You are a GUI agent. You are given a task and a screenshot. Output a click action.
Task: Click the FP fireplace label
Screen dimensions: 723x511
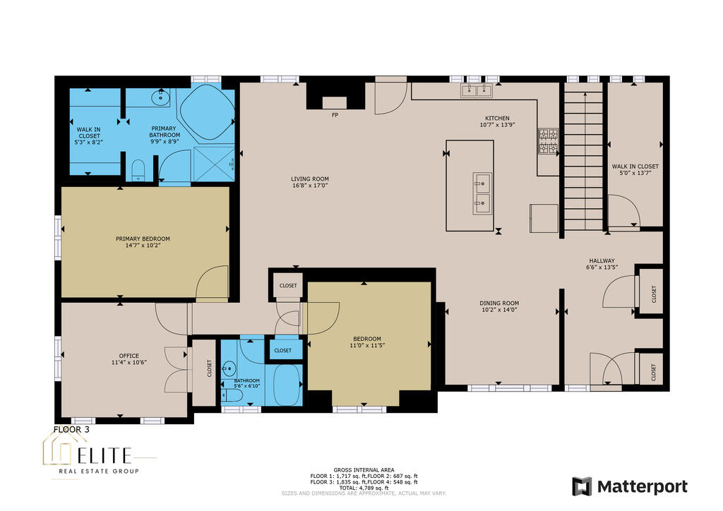[x=335, y=115]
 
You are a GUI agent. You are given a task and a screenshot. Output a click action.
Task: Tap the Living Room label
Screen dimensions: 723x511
[x=310, y=179]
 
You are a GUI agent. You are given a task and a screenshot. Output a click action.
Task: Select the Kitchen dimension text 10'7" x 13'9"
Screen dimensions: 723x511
[x=497, y=125]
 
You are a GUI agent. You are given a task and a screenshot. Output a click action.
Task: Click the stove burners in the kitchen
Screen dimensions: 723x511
[x=548, y=141]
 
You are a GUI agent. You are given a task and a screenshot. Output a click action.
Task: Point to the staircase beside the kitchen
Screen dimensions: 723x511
[x=585, y=161]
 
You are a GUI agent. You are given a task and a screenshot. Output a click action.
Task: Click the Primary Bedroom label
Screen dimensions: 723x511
[x=143, y=239]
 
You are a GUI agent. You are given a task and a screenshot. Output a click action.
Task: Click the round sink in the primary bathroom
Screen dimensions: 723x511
[x=160, y=97]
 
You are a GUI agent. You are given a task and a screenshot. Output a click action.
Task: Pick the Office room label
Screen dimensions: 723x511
[x=129, y=356]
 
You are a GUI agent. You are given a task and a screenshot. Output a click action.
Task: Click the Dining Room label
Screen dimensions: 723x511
[x=499, y=303]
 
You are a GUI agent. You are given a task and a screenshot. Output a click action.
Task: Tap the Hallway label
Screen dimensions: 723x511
[x=602, y=261]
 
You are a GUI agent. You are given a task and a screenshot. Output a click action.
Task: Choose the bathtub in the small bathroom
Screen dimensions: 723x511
[x=287, y=385]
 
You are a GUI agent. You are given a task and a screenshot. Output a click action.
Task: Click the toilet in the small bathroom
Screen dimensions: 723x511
[x=229, y=395]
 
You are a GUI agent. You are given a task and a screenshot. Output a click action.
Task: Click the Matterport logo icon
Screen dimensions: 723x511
[x=582, y=486]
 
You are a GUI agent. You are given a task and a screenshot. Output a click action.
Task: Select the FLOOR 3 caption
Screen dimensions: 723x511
[x=71, y=429]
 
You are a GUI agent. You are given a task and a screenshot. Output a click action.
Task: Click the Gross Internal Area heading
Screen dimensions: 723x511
[x=364, y=470]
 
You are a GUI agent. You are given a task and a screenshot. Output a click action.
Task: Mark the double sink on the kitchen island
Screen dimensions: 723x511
[x=482, y=193]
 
